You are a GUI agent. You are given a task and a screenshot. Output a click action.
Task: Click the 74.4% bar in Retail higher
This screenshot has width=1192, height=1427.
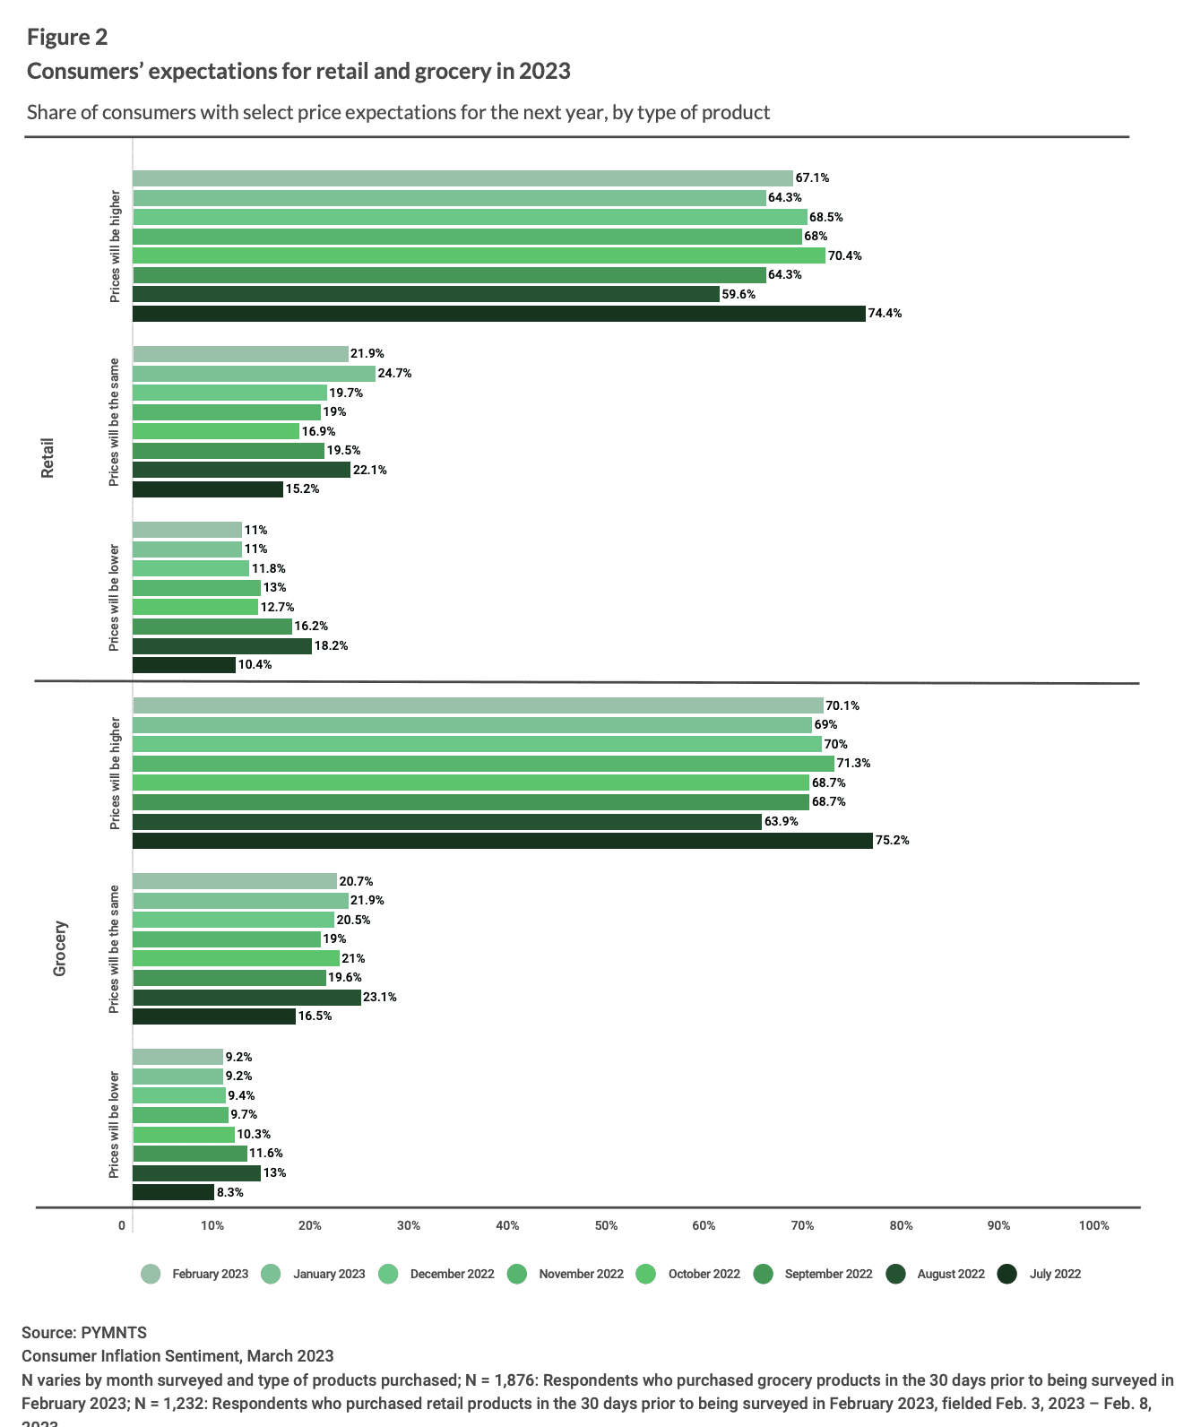click(x=498, y=314)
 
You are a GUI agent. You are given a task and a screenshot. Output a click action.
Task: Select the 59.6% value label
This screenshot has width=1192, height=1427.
click(x=739, y=294)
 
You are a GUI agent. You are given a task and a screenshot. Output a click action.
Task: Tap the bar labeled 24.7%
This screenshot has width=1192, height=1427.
click(x=254, y=373)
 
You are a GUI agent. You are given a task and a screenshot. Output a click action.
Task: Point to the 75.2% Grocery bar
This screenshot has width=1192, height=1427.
click(x=502, y=841)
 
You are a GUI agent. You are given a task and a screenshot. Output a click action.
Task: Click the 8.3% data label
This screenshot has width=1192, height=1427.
click(x=229, y=1193)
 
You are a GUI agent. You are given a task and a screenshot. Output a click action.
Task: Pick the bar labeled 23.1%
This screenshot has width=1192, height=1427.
click(x=246, y=998)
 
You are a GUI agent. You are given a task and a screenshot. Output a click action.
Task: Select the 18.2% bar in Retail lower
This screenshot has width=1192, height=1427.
click(x=221, y=646)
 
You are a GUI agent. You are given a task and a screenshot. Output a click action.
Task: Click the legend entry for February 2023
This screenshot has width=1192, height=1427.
click(x=196, y=1275)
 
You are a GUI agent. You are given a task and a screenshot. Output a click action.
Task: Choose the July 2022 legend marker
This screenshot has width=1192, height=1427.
click(x=1007, y=1275)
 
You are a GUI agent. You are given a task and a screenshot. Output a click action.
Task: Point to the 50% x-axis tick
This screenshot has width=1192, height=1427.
click(x=606, y=1226)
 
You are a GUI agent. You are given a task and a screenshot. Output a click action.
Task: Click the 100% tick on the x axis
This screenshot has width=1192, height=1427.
click(x=1093, y=1226)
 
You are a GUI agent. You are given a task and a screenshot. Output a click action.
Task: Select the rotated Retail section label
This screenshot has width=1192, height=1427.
click(x=48, y=457)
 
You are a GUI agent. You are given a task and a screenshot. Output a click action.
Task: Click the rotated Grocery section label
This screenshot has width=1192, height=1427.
click(x=60, y=948)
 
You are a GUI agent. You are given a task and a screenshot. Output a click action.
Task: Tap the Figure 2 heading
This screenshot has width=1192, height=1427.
click(x=67, y=37)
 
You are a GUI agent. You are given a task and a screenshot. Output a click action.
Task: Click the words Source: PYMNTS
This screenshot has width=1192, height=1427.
click(x=84, y=1333)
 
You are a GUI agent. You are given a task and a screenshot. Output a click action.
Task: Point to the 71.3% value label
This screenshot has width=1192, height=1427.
click(x=853, y=764)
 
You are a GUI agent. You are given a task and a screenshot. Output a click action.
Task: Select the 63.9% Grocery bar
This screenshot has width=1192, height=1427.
click(x=446, y=822)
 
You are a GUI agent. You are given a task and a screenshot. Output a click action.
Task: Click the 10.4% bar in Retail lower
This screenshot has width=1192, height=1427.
click(x=184, y=665)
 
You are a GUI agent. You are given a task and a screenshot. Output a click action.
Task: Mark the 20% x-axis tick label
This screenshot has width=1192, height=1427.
click(x=310, y=1226)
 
